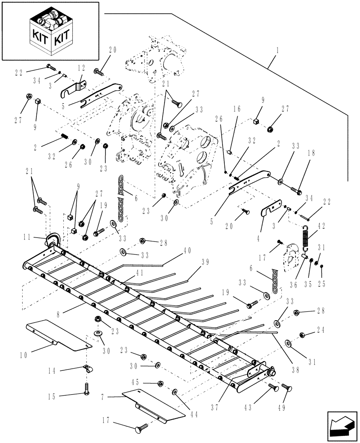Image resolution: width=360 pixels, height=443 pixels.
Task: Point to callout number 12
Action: (81, 68)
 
